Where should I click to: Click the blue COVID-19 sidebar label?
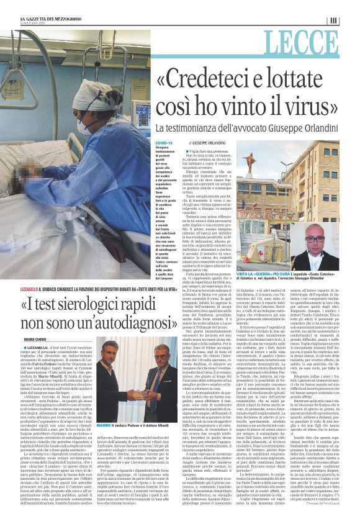click(x=164, y=143)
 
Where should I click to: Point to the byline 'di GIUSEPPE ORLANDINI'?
click(x=206, y=143)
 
